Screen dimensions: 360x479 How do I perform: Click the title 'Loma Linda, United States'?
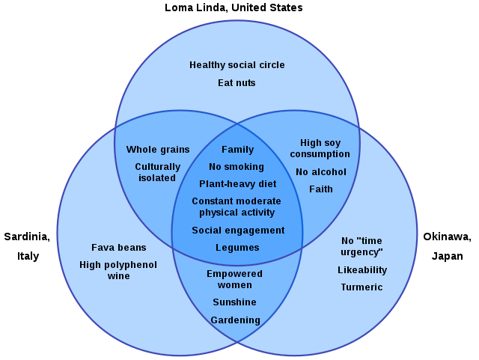[234, 7]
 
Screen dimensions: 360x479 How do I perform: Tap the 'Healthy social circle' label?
[237, 65]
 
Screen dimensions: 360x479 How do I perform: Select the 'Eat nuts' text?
[237, 83]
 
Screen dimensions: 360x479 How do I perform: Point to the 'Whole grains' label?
[158, 150]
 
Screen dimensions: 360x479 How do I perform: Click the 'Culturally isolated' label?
[158, 172]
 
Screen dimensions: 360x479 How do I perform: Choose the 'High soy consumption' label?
[320, 148]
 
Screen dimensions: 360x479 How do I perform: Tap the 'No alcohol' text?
[320, 172]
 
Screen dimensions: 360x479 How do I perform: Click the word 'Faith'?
[320, 189]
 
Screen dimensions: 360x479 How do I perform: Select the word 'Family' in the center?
[237, 150]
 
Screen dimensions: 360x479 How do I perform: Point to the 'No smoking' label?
[237, 167]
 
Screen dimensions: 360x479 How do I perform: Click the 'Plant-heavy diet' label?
[237, 184]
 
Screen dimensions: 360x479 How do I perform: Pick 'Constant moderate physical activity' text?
[237, 207]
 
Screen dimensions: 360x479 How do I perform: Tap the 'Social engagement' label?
[238, 231]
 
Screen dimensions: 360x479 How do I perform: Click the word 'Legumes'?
[237, 248]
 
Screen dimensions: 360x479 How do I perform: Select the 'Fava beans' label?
[119, 248]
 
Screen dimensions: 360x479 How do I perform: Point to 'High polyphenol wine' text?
[118, 270]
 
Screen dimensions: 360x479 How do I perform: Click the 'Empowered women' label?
[234, 279]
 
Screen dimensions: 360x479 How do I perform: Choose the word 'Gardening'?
[235, 320]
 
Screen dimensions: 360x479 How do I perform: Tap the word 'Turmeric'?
[361, 287]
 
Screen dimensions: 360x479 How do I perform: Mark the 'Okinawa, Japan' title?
[447, 246]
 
